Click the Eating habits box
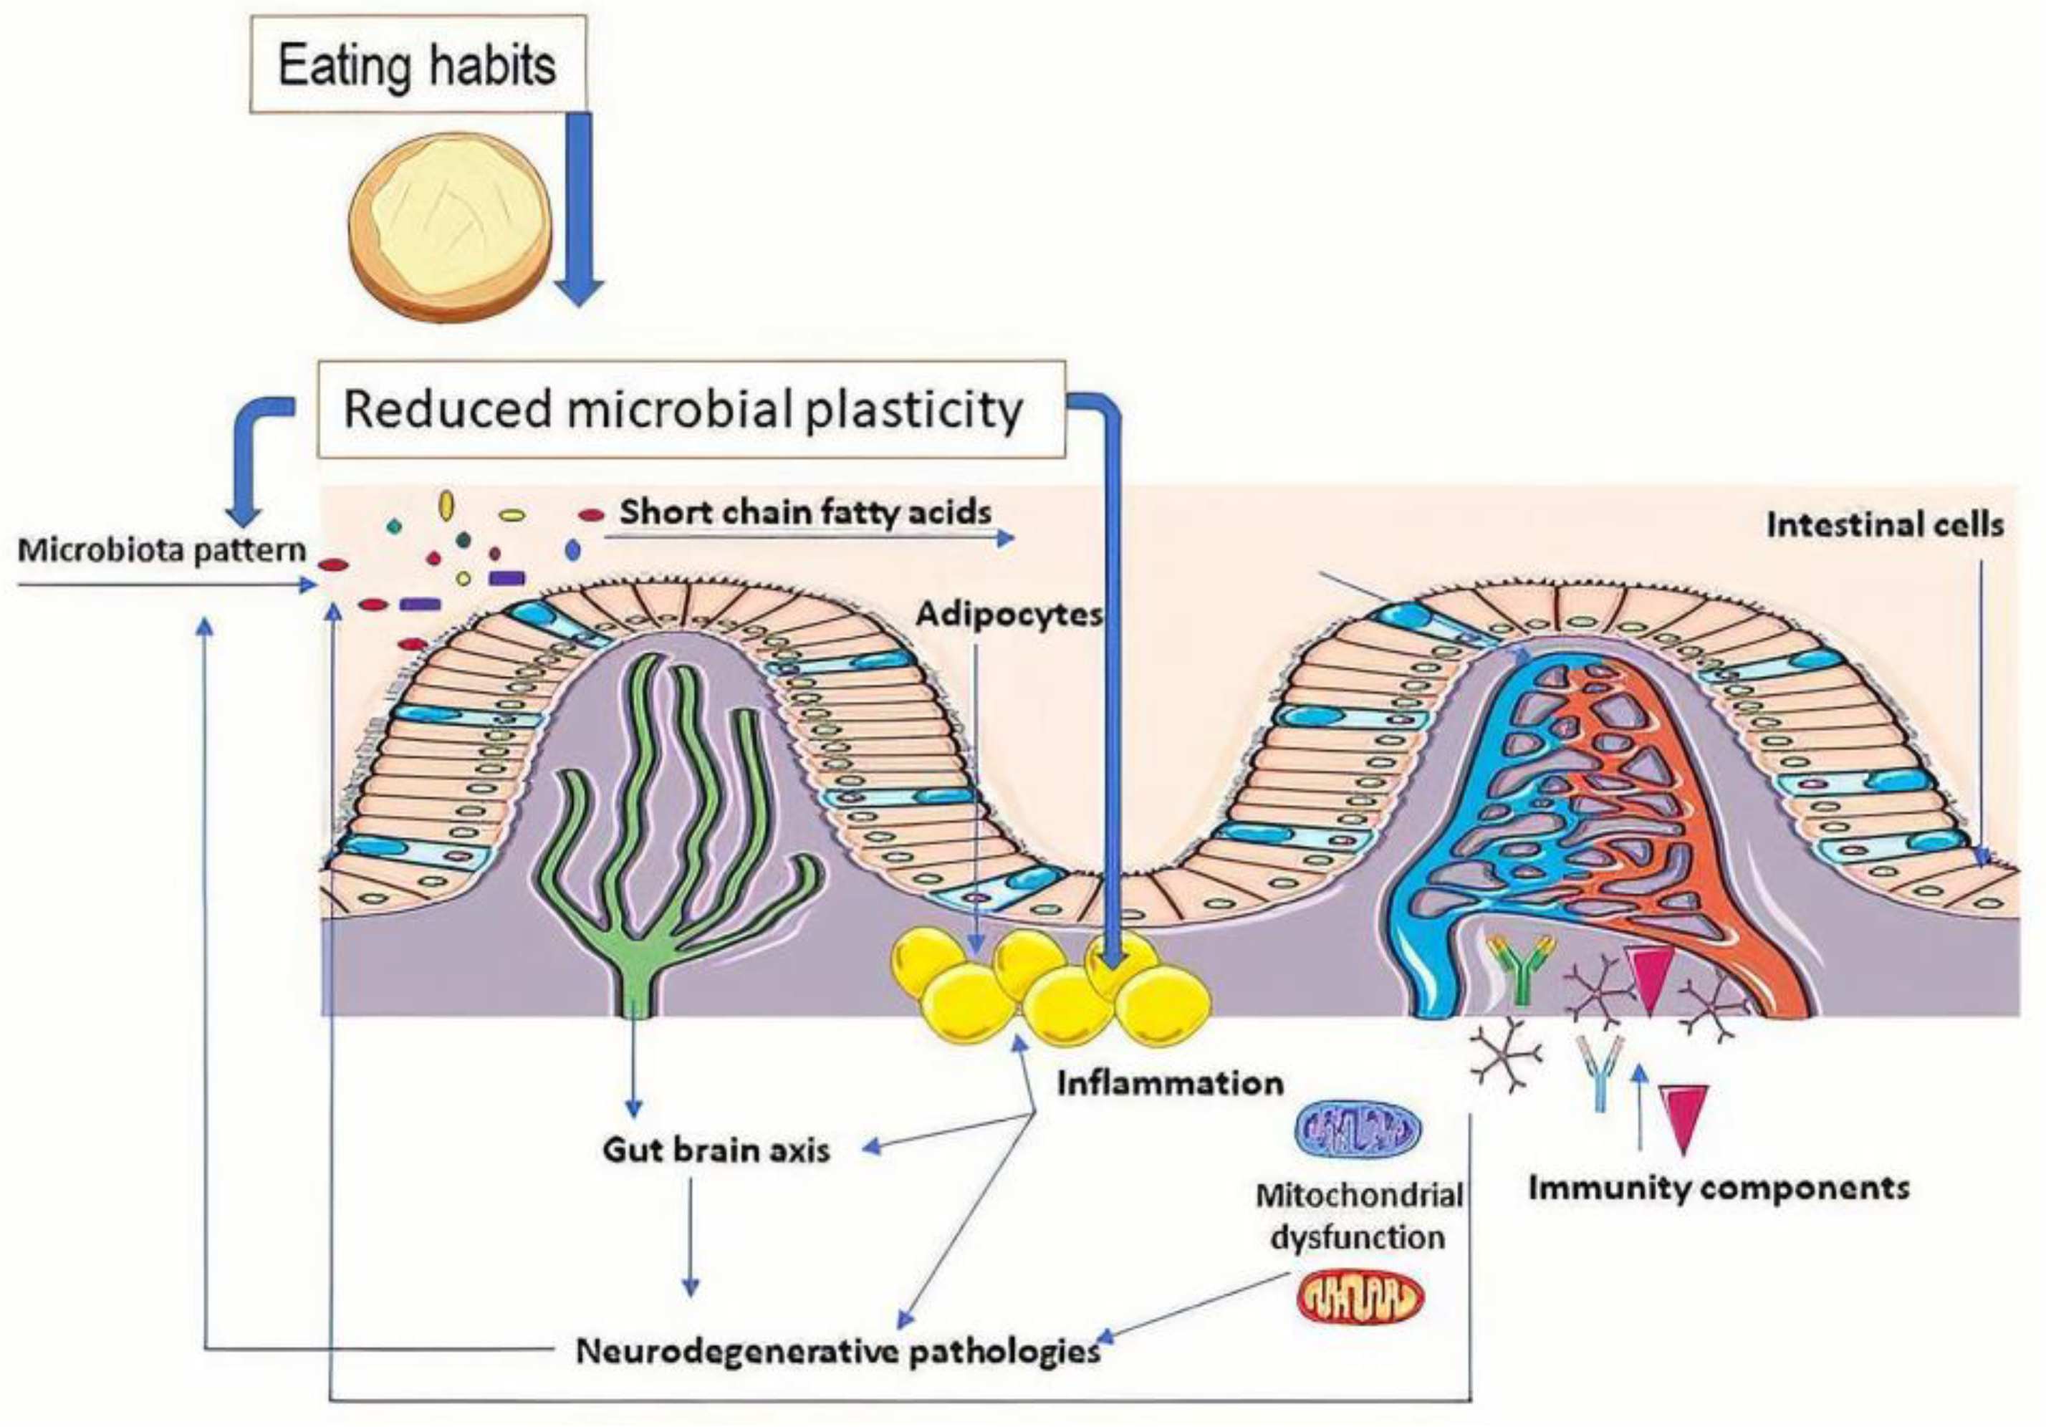(x=417, y=65)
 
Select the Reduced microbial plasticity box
(x=691, y=409)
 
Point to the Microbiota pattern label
(x=161, y=550)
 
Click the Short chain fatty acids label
(x=805, y=511)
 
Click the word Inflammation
(x=1170, y=1084)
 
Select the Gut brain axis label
(x=716, y=1150)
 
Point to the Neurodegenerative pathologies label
(x=837, y=1352)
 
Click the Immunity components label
(x=1719, y=1188)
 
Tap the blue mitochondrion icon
(x=1357, y=1130)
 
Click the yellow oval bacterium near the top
(x=446, y=507)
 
